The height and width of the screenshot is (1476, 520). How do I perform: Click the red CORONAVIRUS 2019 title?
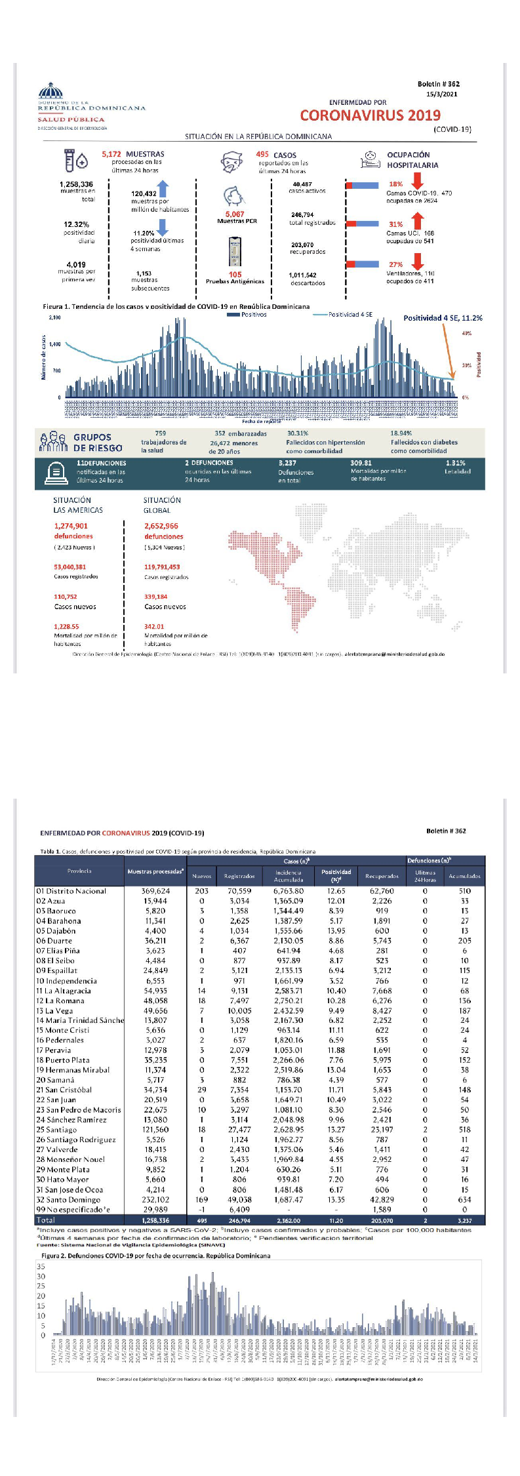370,115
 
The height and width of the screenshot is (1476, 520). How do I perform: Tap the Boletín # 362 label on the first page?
438,84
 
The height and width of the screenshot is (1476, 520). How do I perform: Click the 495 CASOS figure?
276,155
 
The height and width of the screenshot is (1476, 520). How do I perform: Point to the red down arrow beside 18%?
416,181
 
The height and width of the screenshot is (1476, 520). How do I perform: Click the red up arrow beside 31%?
417,221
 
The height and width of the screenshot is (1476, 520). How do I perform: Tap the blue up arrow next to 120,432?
163,189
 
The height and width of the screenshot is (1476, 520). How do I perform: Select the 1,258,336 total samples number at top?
76,185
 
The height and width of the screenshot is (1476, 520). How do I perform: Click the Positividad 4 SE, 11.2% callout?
443,318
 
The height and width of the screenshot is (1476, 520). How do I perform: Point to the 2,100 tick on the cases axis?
55,317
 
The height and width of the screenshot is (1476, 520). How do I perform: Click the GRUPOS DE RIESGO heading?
98,443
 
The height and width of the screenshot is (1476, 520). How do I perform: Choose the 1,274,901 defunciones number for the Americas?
71,526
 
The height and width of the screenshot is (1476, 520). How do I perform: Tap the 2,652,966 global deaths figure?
161,526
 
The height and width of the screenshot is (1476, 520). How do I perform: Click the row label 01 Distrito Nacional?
71,891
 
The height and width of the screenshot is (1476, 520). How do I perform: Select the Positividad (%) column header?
336,875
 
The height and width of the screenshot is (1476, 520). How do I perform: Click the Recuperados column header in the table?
382,876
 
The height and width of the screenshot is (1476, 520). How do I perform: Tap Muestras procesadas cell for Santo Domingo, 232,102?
156,1200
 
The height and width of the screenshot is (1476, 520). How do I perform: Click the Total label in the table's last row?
46,1220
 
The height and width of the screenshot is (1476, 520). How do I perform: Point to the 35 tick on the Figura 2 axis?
41,1266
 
